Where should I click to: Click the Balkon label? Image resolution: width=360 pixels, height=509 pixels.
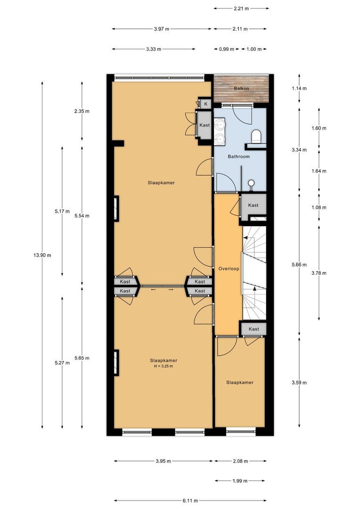tap(241, 89)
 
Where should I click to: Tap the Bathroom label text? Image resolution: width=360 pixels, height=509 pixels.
tap(238, 156)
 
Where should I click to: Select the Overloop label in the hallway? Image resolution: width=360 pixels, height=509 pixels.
tap(229, 269)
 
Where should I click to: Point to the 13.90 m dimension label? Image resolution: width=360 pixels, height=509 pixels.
tap(42, 255)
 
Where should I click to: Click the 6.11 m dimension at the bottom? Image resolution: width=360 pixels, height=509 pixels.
tap(191, 501)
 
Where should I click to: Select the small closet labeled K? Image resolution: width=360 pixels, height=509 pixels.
tap(205, 104)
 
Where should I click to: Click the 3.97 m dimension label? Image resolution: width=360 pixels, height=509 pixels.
tap(161, 29)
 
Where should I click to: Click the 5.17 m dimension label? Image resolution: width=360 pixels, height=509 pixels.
tap(62, 211)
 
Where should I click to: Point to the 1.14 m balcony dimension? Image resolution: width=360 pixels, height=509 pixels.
tap(299, 89)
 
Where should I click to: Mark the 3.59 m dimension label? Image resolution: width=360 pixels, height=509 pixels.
tap(299, 383)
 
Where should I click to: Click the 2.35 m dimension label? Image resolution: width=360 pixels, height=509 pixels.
tap(82, 112)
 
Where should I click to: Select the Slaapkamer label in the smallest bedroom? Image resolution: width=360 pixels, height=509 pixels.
tap(239, 382)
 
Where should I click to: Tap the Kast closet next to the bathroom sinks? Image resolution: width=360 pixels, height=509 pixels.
tap(205, 125)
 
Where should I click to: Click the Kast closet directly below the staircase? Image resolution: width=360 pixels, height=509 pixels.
tap(254, 329)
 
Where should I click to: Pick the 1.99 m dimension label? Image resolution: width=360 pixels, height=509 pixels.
tap(240, 481)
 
